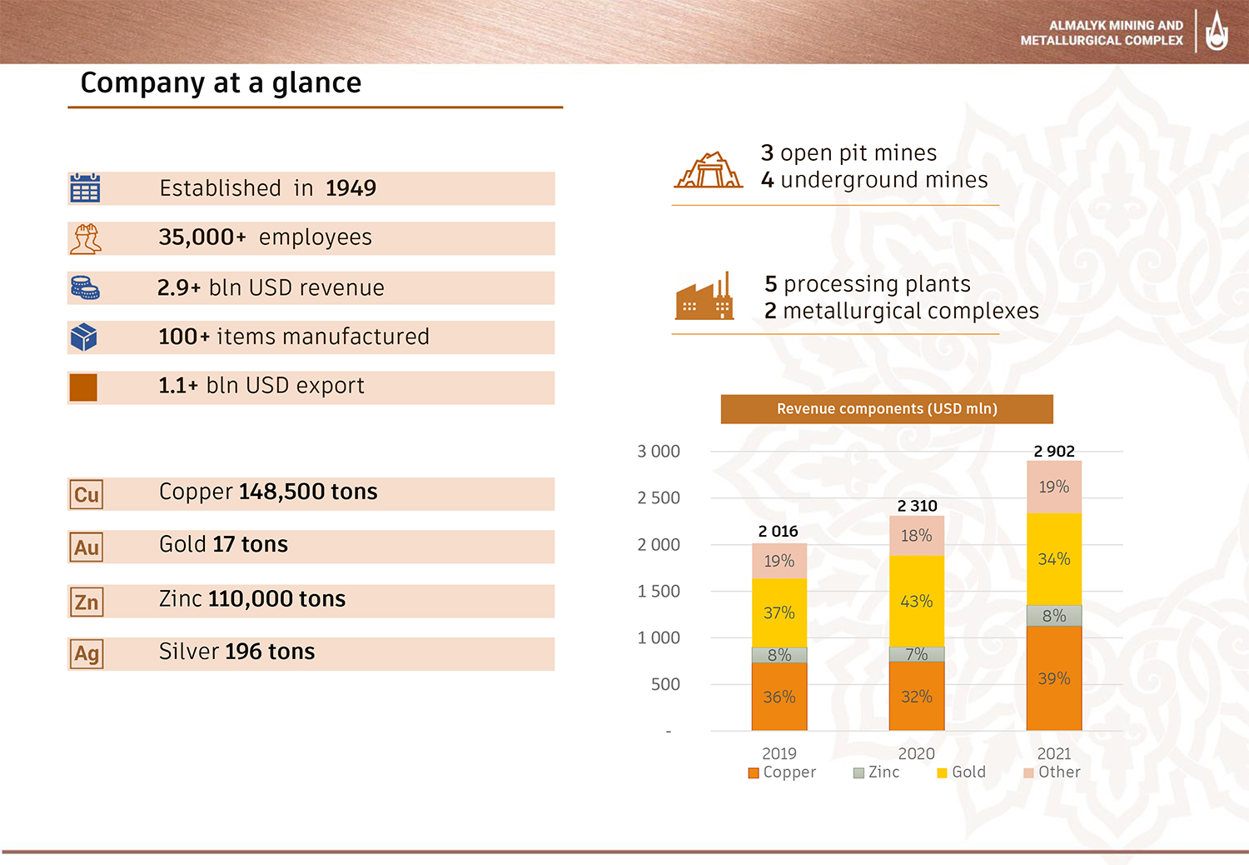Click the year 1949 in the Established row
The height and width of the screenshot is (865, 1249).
351,188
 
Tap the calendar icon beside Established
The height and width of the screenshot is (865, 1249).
85,188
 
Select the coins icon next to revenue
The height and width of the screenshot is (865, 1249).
85,288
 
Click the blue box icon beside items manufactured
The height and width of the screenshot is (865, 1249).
84,337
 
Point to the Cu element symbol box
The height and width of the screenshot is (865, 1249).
87,494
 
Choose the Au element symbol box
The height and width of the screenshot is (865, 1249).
87,547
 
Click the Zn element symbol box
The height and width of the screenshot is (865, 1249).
87,602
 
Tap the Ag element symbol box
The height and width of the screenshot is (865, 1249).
87,653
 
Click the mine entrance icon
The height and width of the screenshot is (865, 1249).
709,170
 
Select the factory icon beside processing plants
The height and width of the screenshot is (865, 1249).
704,297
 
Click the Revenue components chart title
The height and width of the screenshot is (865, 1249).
887,409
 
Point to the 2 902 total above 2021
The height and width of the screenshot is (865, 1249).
1054,452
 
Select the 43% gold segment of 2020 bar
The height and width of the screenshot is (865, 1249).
917,601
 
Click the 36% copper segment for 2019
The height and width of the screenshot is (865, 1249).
779,697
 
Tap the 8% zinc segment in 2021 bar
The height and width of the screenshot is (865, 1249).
1054,616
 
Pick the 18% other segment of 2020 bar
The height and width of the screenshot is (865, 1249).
917,536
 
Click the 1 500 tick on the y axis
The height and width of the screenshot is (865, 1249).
659,592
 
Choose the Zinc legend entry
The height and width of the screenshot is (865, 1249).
877,772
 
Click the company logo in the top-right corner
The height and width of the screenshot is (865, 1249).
1217,32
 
